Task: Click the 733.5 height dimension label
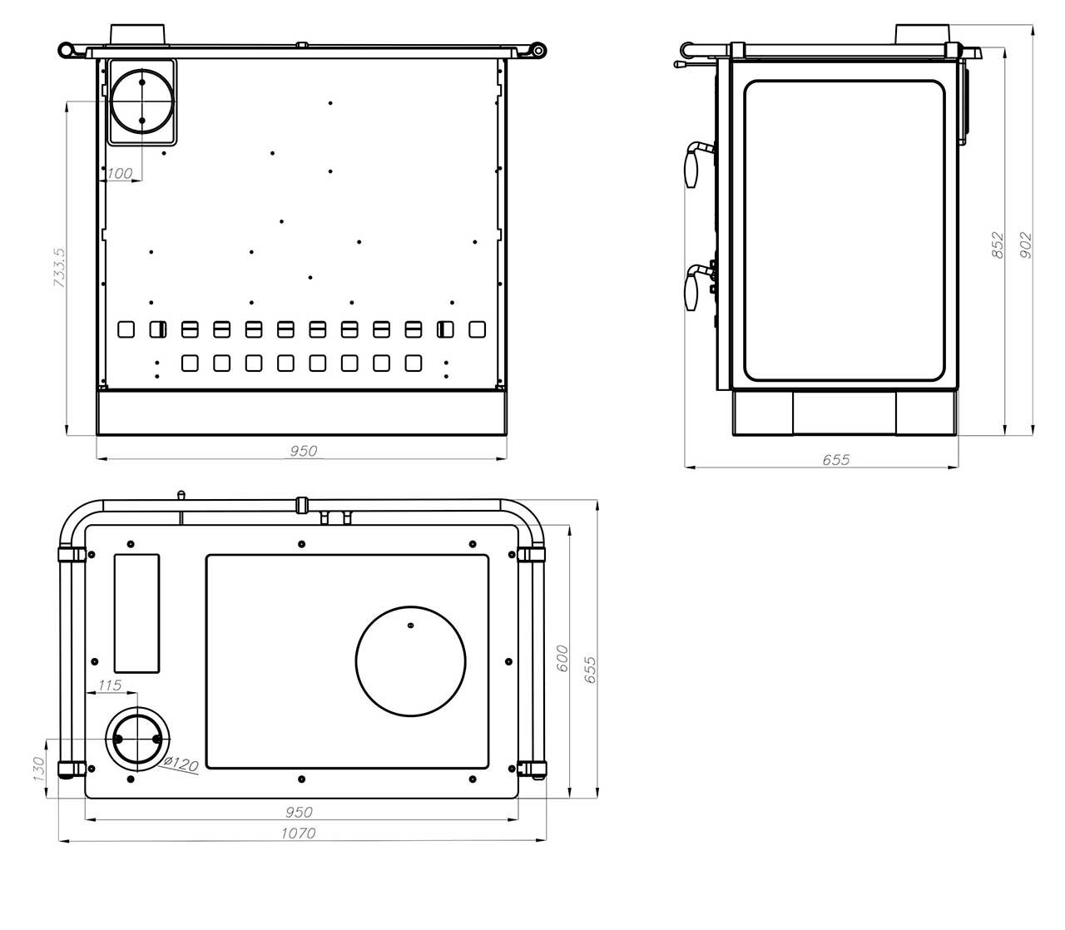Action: tap(60, 267)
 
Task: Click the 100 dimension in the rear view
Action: tap(120, 173)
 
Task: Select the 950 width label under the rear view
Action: tap(303, 451)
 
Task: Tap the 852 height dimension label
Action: tap(997, 245)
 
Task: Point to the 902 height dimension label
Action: tap(1025, 245)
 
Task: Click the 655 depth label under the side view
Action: tap(836, 459)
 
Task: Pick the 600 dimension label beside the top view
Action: tap(562, 658)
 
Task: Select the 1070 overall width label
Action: tap(298, 834)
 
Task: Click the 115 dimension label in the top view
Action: tap(110, 685)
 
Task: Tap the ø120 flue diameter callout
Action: tap(181, 764)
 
